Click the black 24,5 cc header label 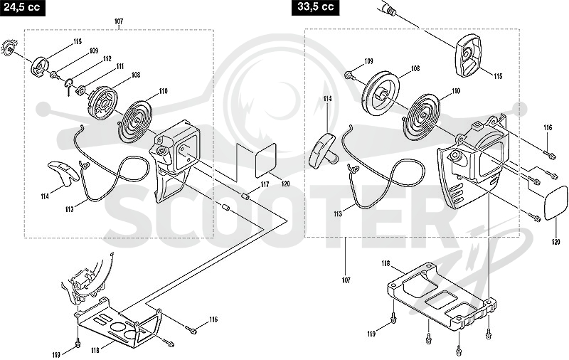(x=23, y=8)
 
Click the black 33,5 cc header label (x=315, y=8)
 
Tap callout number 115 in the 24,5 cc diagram (x=77, y=42)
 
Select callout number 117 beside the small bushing (x=265, y=185)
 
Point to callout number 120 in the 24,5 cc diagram (x=286, y=184)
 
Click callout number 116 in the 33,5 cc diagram (x=548, y=128)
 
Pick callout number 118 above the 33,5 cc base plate (x=385, y=264)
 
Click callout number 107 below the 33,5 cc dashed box (x=346, y=280)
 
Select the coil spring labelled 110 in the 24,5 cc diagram (x=134, y=121)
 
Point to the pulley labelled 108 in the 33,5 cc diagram (x=381, y=92)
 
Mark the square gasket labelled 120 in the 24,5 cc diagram (x=265, y=160)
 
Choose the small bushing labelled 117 (x=246, y=196)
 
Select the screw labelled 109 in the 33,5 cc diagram (x=349, y=75)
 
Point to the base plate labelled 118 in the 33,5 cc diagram (x=441, y=297)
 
